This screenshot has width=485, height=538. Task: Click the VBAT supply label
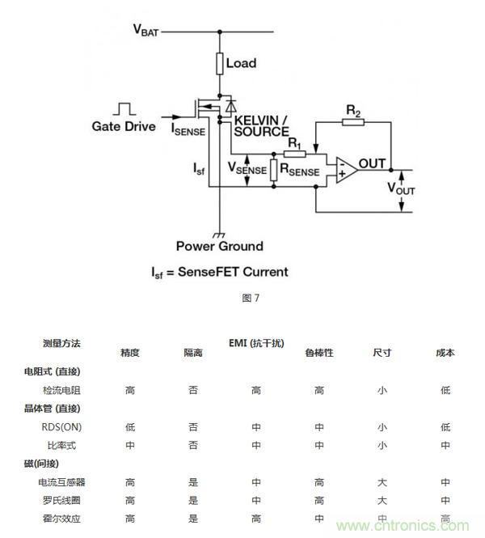click(x=146, y=31)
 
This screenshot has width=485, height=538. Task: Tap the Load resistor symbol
click(x=220, y=62)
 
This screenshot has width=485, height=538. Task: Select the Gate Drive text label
click(x=124, y=126)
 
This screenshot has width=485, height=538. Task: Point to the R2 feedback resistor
click(x=353, y=122)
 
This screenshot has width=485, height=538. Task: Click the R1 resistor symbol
click(x=294, y=154)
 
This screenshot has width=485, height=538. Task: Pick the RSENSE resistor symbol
click(x=275, y=169)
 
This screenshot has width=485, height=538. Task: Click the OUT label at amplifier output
click(x=372, y=164)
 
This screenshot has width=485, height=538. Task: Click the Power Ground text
click(x=219, y=245)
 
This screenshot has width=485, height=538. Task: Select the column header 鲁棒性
click(x=318, y=353)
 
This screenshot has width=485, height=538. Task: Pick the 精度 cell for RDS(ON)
click(x=130, y=426)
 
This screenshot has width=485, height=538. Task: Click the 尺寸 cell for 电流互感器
click(x=382, y=482)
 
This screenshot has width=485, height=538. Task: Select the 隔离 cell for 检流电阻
click(x=193, y=390)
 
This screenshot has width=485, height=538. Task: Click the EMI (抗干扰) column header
click(x=256, y=343)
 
